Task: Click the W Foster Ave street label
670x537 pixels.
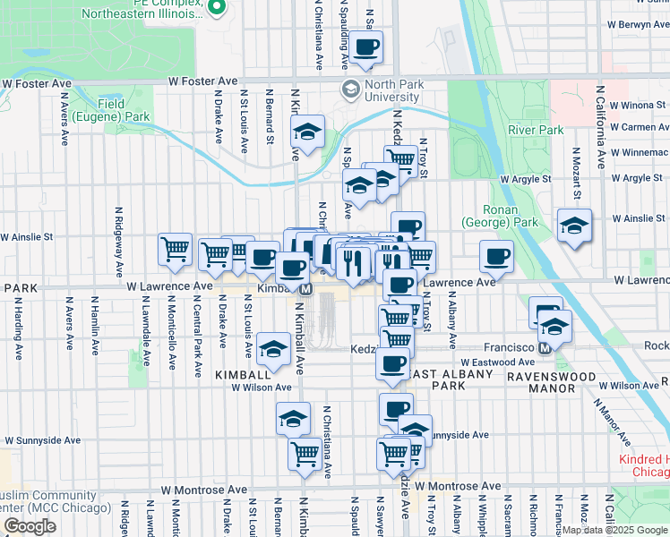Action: click(37, 83)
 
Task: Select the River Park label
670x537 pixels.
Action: click(536, 130)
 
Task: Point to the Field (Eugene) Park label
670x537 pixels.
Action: click(124, 110)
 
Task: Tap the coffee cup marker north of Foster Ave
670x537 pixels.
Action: click(365, 48)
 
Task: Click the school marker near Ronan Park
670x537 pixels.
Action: click(573, 226)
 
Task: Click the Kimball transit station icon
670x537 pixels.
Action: click(306, 290)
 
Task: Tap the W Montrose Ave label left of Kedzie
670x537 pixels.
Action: click(203, 490)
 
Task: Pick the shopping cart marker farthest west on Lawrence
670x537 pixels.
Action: click(174, 250)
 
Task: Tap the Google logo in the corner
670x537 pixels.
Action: click(30, 526)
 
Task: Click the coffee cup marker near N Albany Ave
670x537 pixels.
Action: click(496, 257)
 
